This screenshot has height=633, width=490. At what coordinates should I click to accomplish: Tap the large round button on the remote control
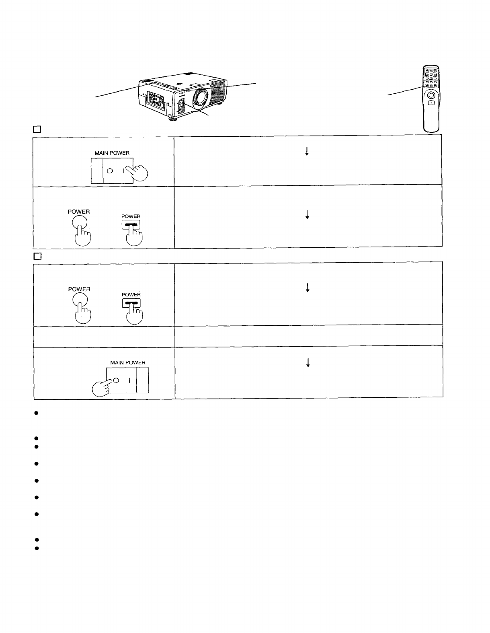point(431,95)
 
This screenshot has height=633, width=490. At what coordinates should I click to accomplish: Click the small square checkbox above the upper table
point(37,129)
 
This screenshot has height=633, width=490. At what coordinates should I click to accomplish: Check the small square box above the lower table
point(37,256)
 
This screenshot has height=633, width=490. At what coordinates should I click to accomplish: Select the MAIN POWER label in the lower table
point(128,362)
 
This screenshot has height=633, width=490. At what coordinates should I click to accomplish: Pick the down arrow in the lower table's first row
point(308,288)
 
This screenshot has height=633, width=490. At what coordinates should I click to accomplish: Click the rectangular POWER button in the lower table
point(131,304)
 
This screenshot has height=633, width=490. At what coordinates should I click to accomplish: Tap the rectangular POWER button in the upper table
point(131,226)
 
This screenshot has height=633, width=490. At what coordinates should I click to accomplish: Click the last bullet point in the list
point(36,548)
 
